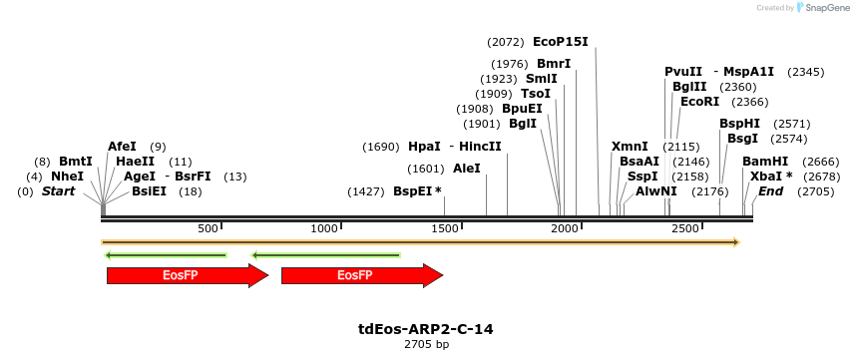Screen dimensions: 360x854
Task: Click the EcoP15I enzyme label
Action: tap(561, 42)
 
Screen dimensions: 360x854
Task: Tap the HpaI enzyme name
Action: tap(424, 146)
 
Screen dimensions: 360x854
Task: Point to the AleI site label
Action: tap(466, 169)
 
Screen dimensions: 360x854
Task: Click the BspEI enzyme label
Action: tap(412, 190)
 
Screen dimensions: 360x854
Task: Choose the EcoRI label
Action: tap(699, 101)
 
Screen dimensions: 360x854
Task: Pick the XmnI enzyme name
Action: tap(630, 146)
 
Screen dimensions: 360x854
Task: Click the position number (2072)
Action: tap(506, 42)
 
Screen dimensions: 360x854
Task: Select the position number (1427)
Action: tap(365, 190)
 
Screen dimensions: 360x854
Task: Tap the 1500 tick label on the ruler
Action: tap(444, 229)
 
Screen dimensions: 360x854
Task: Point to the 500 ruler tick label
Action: tap(208, 229)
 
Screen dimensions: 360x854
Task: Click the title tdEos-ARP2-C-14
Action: tap(426, 328)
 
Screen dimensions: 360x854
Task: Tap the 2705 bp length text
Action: tap(426, 344)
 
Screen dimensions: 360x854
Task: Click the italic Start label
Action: tap(58, 190)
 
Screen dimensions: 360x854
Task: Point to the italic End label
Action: tap(771, 190)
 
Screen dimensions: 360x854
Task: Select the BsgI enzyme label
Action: tap(742, 139)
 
